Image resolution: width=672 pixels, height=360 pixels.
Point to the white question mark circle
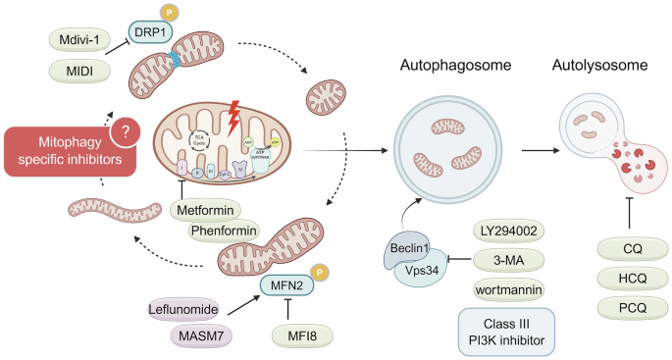(x=126, y=133)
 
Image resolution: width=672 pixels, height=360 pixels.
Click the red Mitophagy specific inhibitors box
(x=63, y=153)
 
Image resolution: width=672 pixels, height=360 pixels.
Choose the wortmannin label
(x=508, y=291)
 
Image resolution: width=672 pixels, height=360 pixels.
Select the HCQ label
(x=627, y=279)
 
